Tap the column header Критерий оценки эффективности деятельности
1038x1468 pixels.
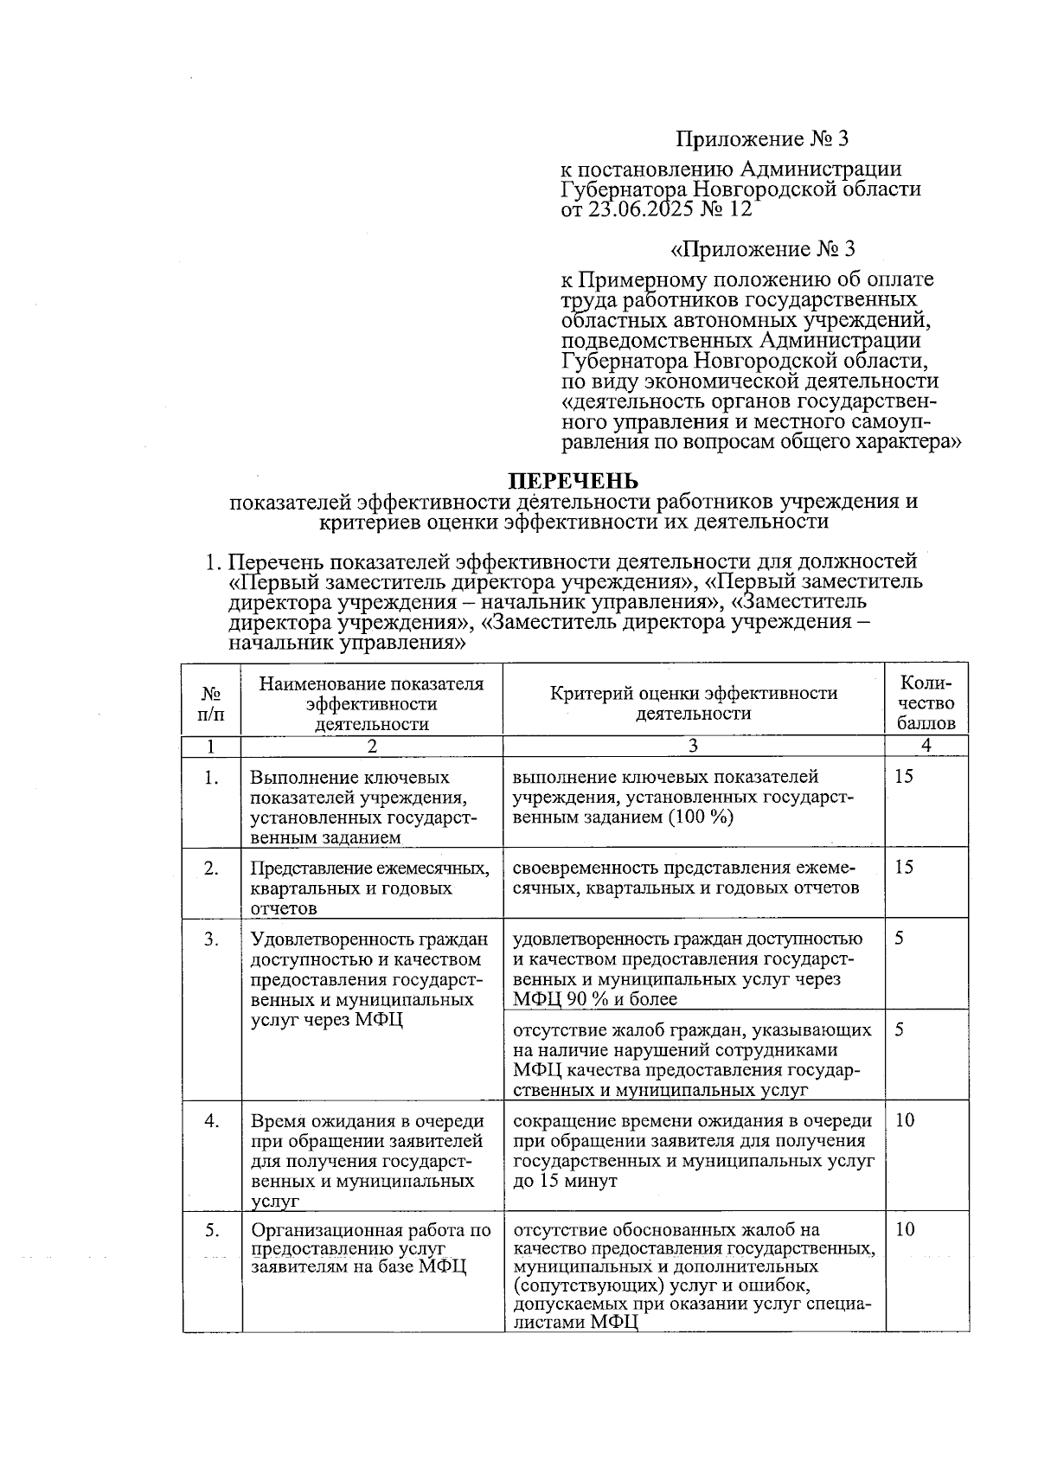(x=693, y=702)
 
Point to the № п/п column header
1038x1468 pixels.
(x=211, y=704)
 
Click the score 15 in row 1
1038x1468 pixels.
(x=904, y=776)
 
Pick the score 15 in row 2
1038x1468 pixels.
(x=904, y=867)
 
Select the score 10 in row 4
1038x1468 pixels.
(x=904, y=1120)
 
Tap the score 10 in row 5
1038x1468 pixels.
(x=904, y=1229)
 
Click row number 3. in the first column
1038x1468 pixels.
(x=211, y=939)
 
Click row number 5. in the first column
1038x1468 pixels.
(x=211, y=1229)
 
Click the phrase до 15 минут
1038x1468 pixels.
(x=565, y=1181)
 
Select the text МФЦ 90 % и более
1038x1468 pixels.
(x=595, y=999)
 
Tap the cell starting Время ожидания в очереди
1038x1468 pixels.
(x=368, y=1160)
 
